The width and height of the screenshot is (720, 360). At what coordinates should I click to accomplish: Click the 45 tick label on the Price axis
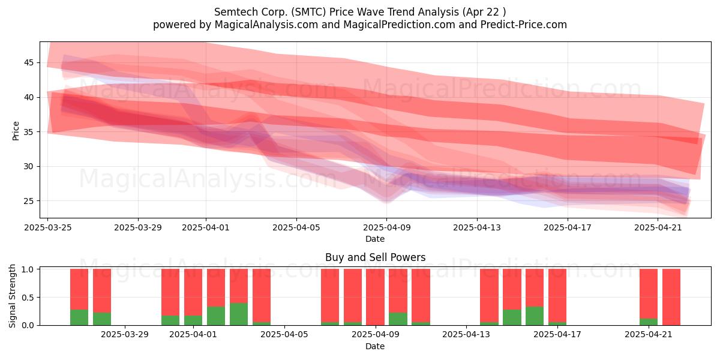click(x=28, y=62)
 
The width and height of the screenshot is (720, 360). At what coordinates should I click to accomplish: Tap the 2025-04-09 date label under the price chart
click(x=386, y=227)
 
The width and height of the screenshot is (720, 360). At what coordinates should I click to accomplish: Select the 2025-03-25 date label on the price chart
click(x=48, y=227)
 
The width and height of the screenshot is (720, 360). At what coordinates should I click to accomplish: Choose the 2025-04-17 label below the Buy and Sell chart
click(x=557, y=335)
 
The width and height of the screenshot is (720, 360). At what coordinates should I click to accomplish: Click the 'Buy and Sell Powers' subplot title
click(x=375, y=257)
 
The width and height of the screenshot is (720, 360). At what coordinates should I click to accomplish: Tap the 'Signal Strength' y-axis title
click(x=12, y=296)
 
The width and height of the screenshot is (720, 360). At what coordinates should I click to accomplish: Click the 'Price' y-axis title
click(x=16, y=131)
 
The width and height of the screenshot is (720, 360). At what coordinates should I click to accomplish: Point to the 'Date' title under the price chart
click(x=375, y=239)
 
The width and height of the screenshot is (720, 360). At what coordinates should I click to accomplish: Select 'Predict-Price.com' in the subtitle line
click(x=524, y=25)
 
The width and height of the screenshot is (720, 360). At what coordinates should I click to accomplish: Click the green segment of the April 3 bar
click(x=239, y=314)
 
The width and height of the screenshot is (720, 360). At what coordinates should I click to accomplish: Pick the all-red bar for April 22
click(x=671, y=298)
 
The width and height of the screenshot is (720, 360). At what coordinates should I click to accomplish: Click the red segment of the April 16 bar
click(x=535, y=288)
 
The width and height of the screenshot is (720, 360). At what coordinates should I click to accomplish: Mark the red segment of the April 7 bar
click(x=330, y=296)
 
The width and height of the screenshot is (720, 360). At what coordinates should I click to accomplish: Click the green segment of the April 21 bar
click(x=649, y=322)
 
